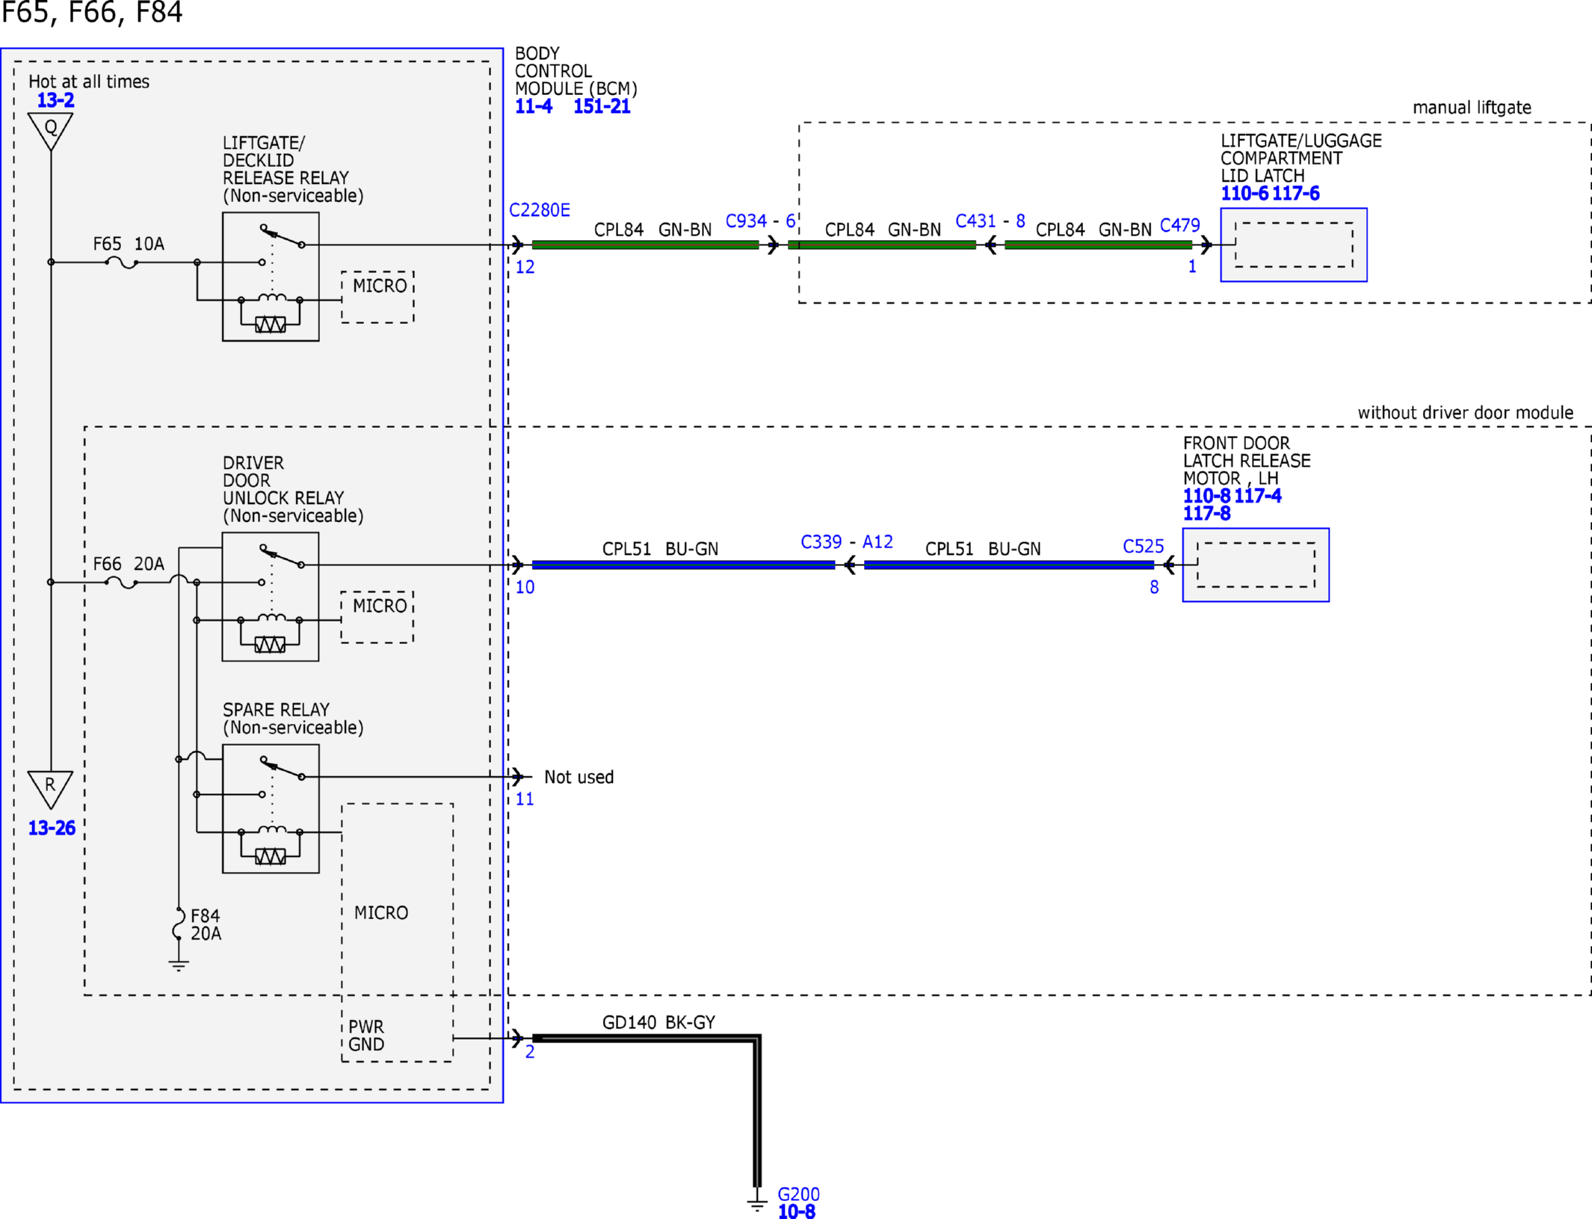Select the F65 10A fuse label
click(129, 244)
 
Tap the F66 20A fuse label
click(129, 564)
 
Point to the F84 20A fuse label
click(206, 924)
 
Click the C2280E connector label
click(539, 210)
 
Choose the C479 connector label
click(1179, 225)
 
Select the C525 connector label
click(1144, 547)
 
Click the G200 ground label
click(798, 1194)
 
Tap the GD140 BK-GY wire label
click(658, 1022)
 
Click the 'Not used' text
click(579, 777)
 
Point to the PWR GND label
click(366, 1036)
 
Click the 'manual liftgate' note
click(1472, 108)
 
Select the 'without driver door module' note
click(1465, 413)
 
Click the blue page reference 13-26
click(52, 828)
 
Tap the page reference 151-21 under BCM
click(602, 106)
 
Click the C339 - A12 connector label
click(847, 541)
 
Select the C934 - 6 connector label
click(760, 221)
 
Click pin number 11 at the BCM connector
click(525, 799)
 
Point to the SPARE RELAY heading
click(276, 710)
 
